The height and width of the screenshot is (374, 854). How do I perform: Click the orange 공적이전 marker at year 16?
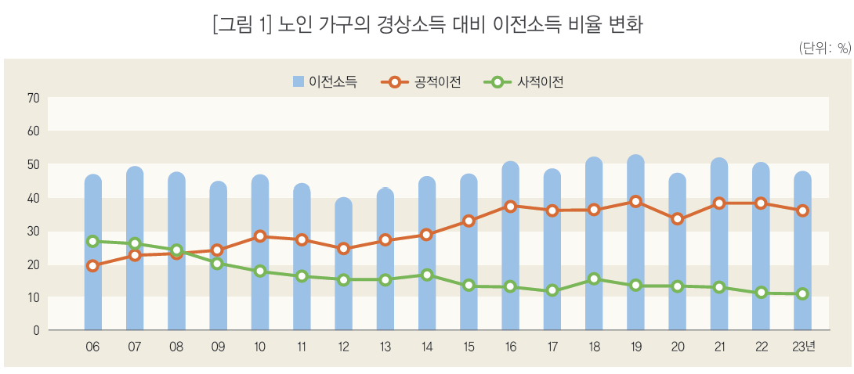pyautogui.click(x=510, y=207)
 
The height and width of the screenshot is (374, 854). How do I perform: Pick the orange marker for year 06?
pyautogui.click(x=92, y=266)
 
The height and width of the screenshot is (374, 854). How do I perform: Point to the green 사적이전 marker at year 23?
pyautogui.click(x=802, y=294)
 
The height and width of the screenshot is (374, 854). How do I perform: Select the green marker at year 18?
pyautogui.click(x=594, y=279)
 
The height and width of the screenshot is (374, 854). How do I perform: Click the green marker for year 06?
pyautogui.click(x=92, y=241)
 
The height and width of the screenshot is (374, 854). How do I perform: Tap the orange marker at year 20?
pyautogui.click(x=677, y=219)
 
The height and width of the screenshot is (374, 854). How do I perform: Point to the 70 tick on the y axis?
pyautogui.click(x=33, y=99)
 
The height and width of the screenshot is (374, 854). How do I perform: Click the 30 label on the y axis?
pyautogui.click(x=33, y=231)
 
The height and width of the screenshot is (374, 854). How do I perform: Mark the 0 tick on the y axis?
pyautogui.click(x=36, y=330)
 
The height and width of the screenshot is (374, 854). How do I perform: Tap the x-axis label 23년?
pyautogui.click(x=802, y=347)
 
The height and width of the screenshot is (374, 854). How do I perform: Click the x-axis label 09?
pyautogui.click(x=218, y=347)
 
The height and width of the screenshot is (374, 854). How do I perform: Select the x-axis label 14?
pyautogui.click(x=426, y=347)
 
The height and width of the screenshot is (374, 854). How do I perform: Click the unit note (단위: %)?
pyautogui.click(x=824, y=48)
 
